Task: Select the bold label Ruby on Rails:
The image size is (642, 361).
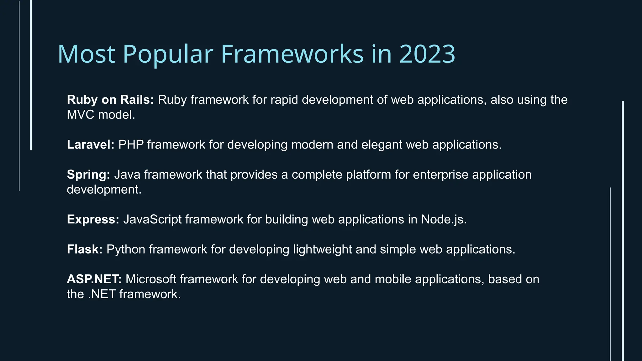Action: coord(110,100)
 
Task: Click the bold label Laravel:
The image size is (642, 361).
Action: coord(91,145)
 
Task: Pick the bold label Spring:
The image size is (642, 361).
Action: coord(88,175)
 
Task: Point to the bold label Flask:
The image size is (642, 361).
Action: coord(85,249)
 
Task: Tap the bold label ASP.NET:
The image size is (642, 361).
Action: coord(94,279)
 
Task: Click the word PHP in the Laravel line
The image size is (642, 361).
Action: coord(131,145)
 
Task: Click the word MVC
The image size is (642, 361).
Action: coord(81,115)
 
